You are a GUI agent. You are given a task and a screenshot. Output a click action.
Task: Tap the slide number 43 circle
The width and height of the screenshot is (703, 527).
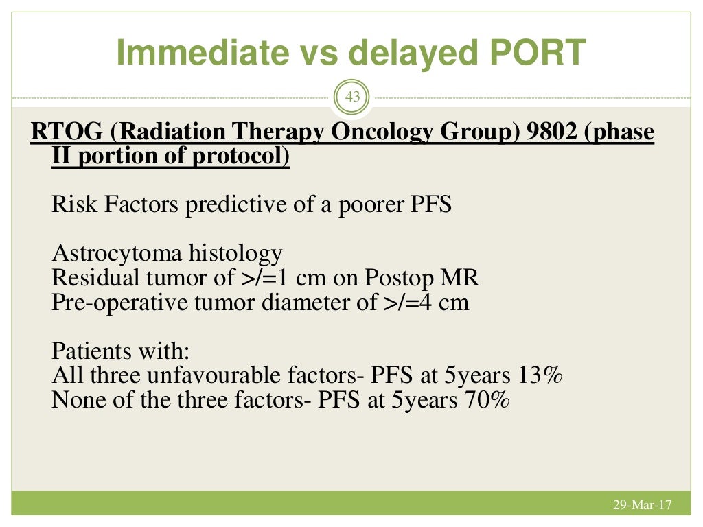pyautogui.click(x=352, y=97)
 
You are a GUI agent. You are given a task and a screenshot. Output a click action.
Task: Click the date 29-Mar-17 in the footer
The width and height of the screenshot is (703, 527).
pyautogui.click(x=642, y=506)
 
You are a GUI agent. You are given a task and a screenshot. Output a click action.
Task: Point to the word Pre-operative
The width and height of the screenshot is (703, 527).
pyautogui.click(x=107, y=303)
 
